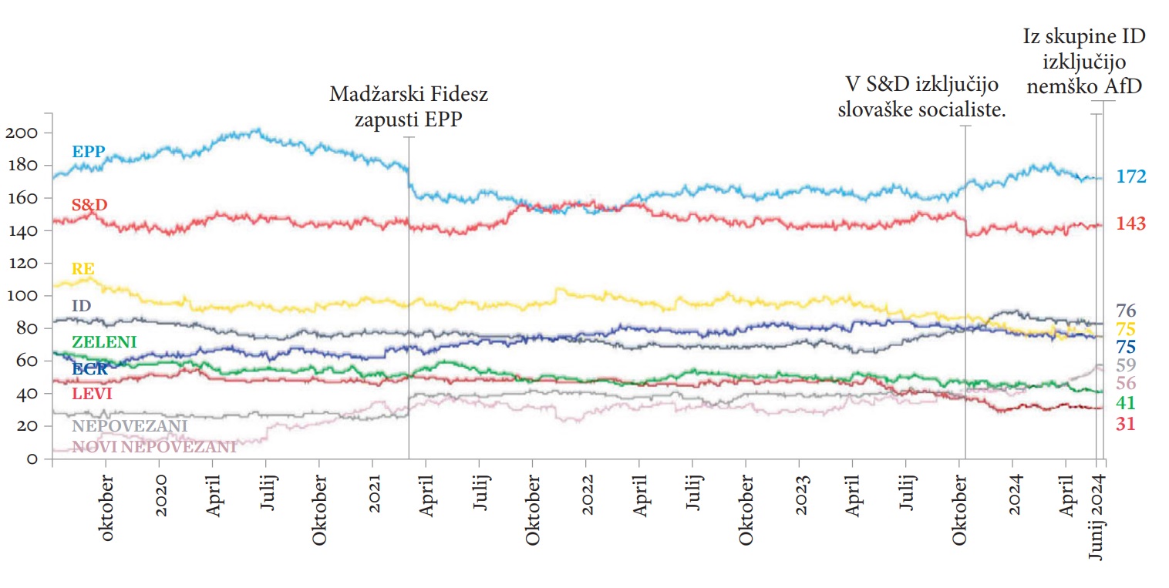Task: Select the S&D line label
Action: tap(89, 205)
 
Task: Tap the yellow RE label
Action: tap(83, 269)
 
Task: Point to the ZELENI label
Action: tap(104, 341)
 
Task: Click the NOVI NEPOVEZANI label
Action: tap(153, 446)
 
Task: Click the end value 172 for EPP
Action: tap(1131, 177)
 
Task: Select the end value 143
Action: tap(1131, 224)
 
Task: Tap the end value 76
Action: tap(1126, 311)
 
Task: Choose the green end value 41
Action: tap(1126, 403)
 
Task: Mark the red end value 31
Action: tap(1126, 424)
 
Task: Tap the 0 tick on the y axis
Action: tap(31, 459)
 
